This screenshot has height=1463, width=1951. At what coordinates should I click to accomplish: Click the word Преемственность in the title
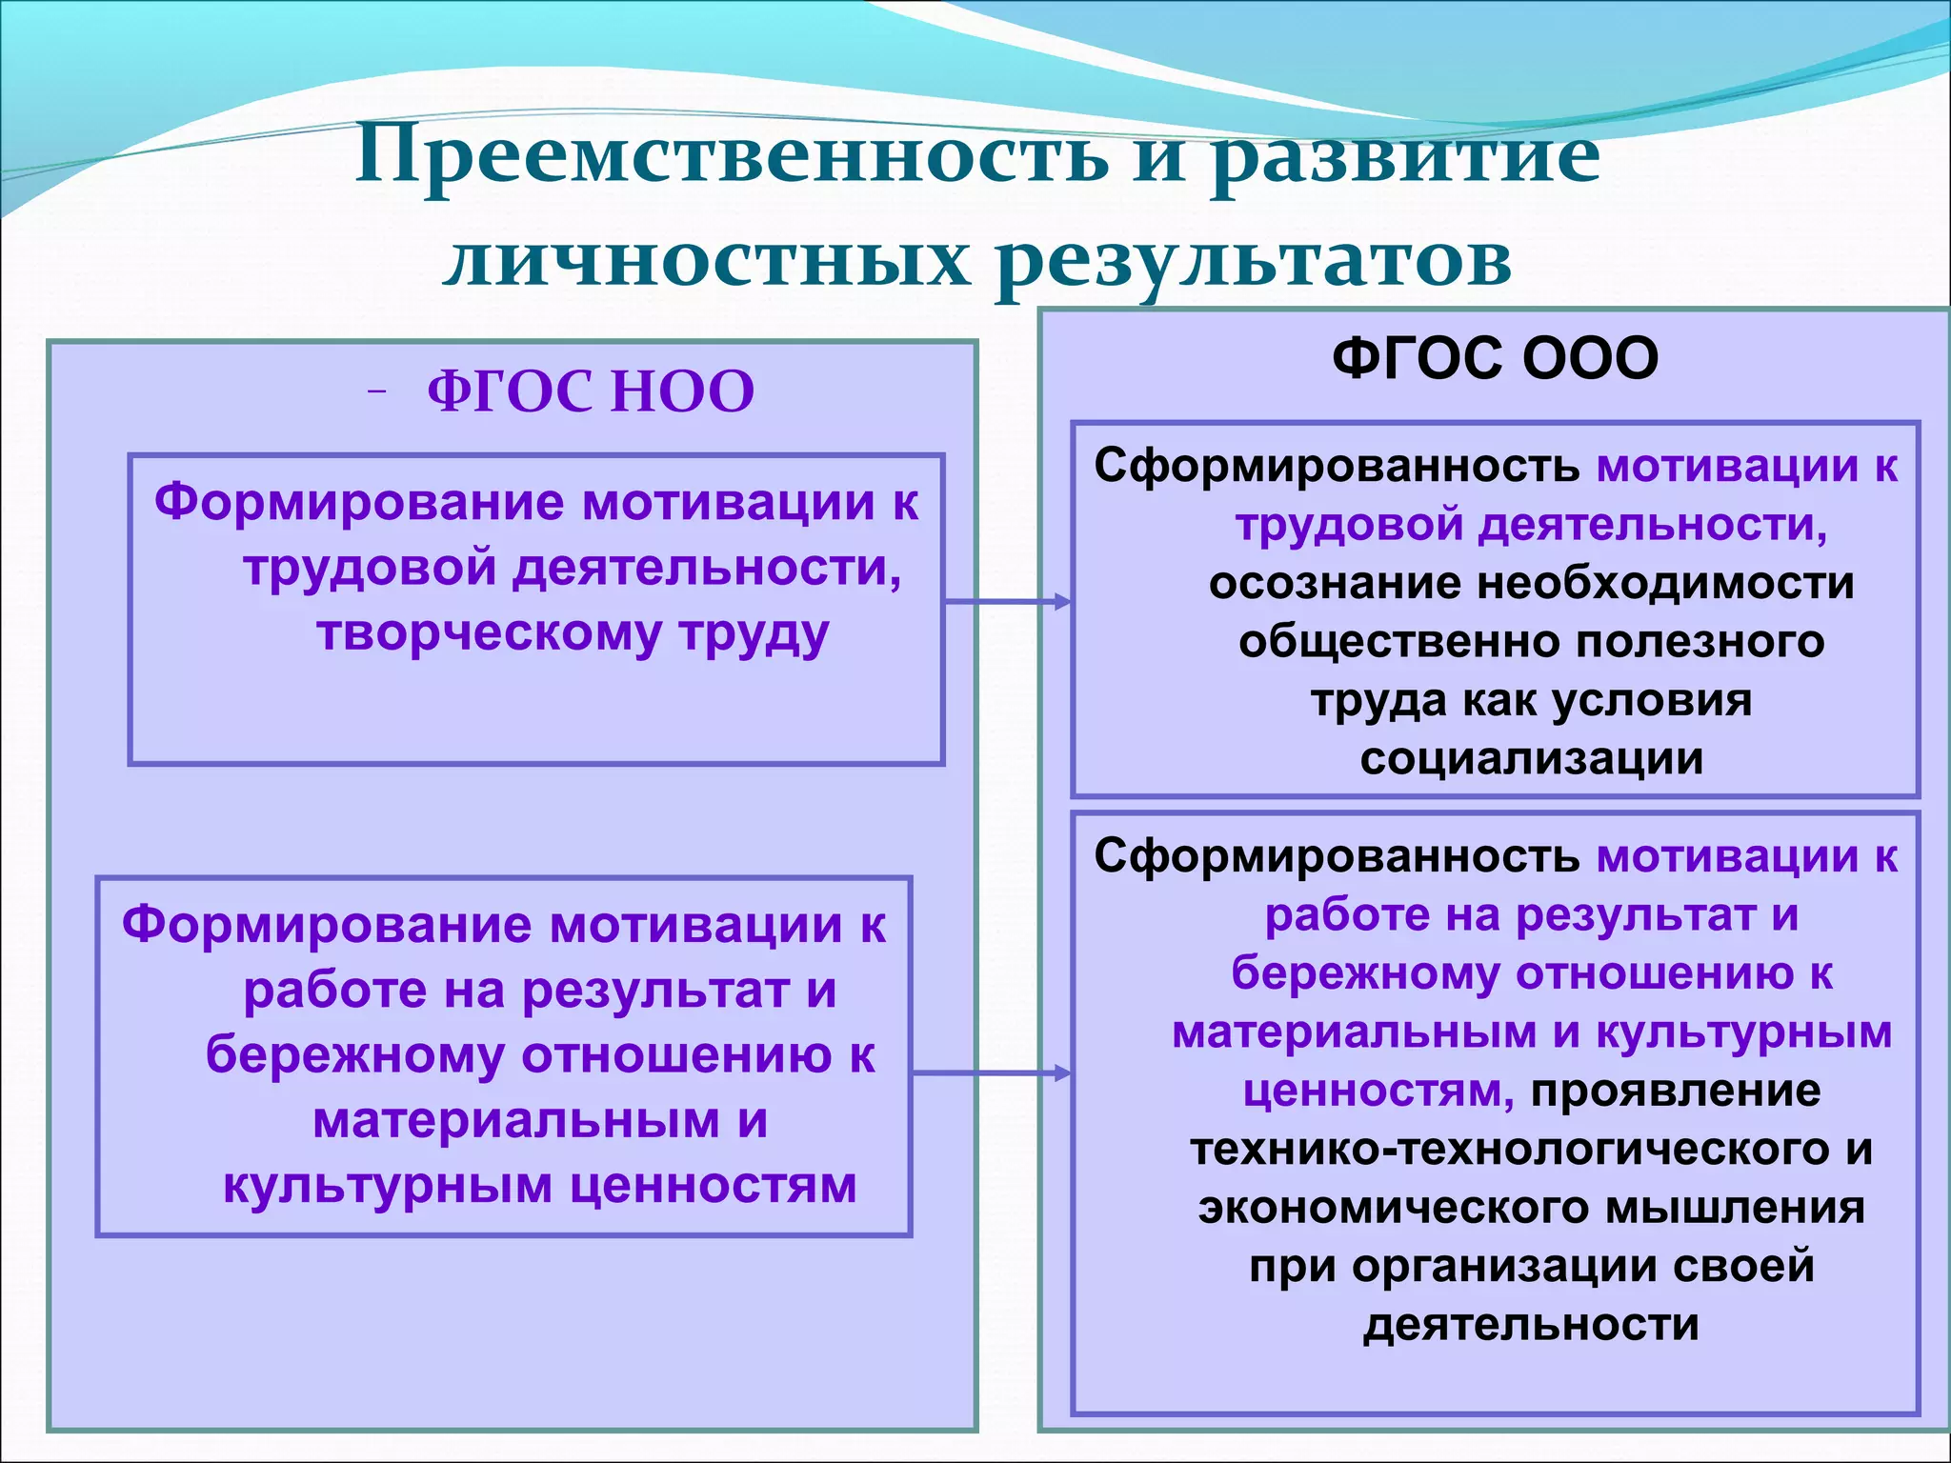point(732,156)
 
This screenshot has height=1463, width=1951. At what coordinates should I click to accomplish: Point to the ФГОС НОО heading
point(590,391)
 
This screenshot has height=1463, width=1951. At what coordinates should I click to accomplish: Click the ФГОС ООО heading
point(1495,359)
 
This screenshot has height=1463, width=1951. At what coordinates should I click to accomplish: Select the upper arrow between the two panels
point(1007,601)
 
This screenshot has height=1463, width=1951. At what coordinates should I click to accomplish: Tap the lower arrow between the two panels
point(991,1073)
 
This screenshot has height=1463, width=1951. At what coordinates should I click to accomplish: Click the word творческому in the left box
point(488,633)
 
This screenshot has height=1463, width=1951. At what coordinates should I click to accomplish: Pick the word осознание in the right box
point(1334,584)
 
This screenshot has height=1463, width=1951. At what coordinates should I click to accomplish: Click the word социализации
point(1531,759)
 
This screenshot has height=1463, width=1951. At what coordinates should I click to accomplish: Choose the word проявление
point(1675,1091)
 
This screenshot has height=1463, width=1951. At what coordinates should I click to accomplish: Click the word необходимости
point(1665,584)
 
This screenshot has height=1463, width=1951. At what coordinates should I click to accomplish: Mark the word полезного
point(1700,642)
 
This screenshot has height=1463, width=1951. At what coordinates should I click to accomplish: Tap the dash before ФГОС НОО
point(377,391)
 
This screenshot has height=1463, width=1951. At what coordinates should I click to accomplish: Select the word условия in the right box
point(1652,701)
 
